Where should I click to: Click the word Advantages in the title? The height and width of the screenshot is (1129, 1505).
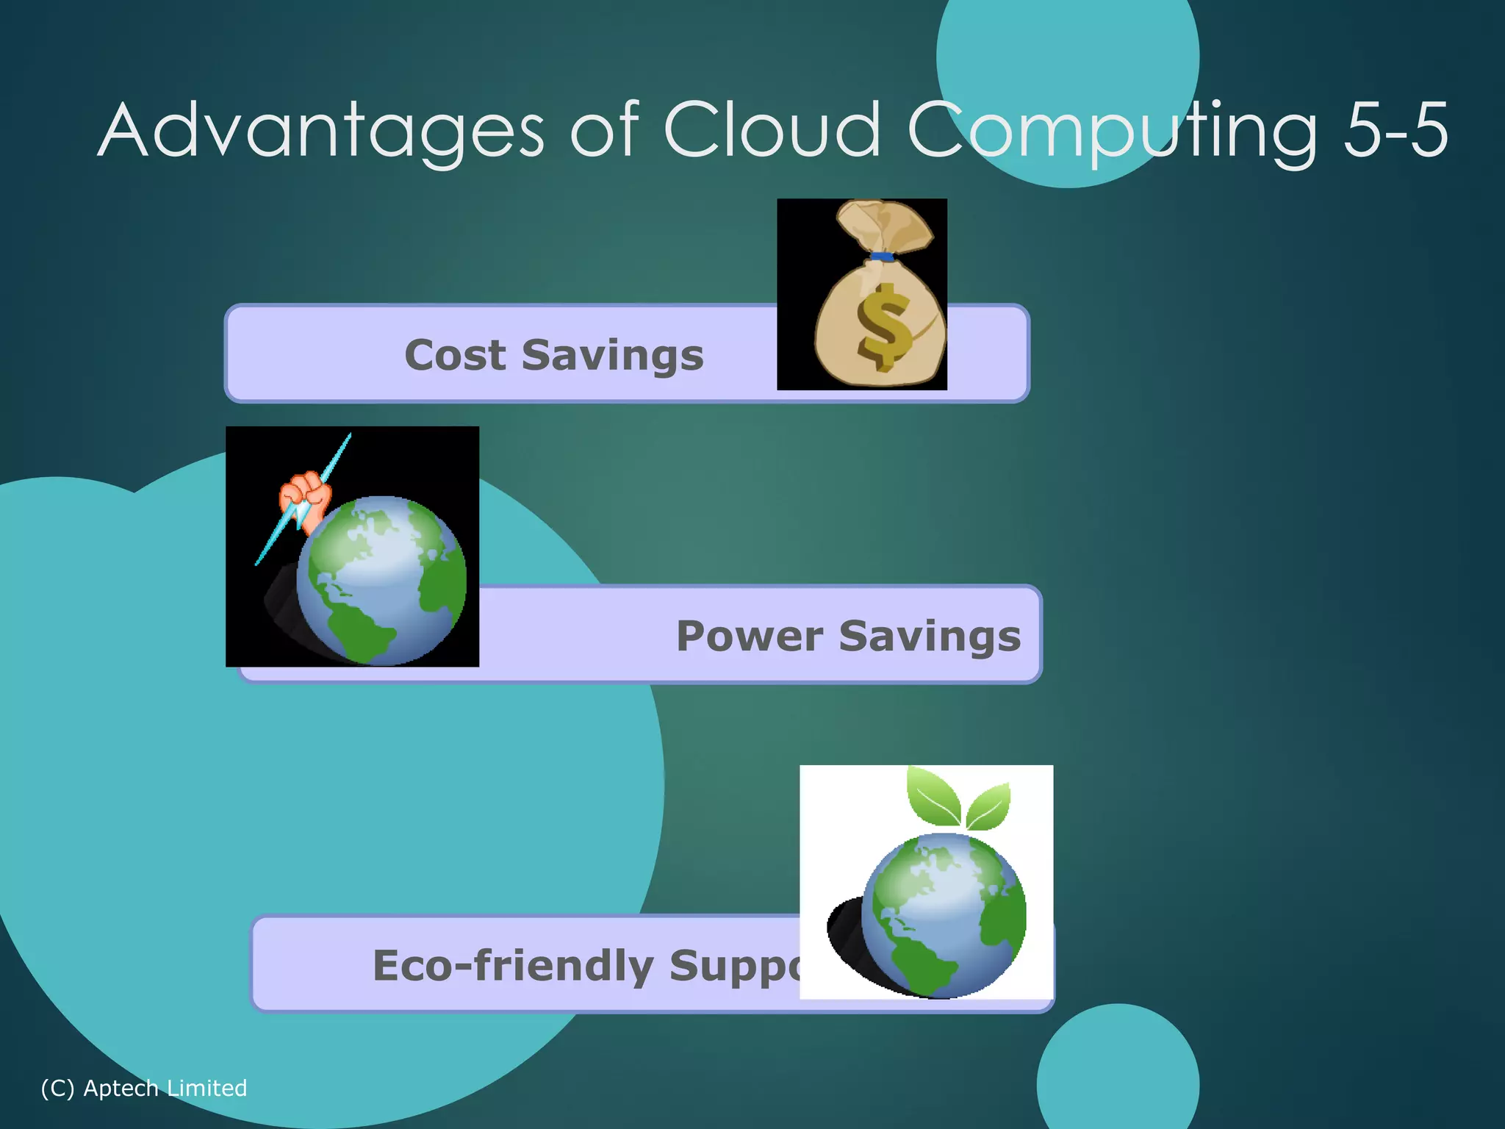(320, 131)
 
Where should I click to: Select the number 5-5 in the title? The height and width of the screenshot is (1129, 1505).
(1395, 131)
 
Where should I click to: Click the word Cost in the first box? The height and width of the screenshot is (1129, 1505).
(455, 356)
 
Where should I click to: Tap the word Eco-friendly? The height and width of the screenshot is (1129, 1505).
(512, 966)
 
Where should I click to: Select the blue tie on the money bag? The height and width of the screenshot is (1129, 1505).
(882, 257)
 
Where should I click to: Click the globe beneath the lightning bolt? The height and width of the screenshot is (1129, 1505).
(381, 581)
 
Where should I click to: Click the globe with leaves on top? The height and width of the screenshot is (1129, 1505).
(944, 914)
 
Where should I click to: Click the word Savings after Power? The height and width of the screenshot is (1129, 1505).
(930, 637)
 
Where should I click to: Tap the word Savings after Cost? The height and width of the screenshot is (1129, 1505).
(612, 356)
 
